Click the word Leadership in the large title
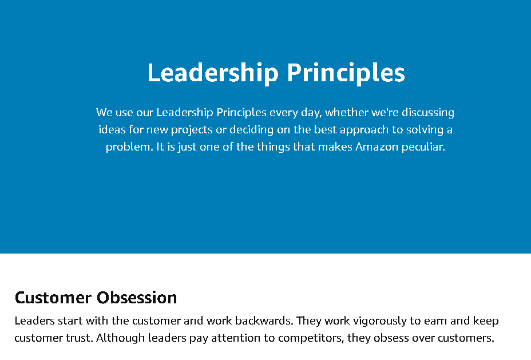click(x=213, y=73)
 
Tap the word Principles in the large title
click(x=346, y=73)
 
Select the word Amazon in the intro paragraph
click(x=377, y=147)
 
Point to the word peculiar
click(x=423, y=147)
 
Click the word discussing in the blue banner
click(x=428, y=113)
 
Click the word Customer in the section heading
click(x=53, y=298)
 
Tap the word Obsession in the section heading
click(x=137, y=298)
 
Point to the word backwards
click(x=264, y=321)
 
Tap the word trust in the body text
click(x=80, y=338)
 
